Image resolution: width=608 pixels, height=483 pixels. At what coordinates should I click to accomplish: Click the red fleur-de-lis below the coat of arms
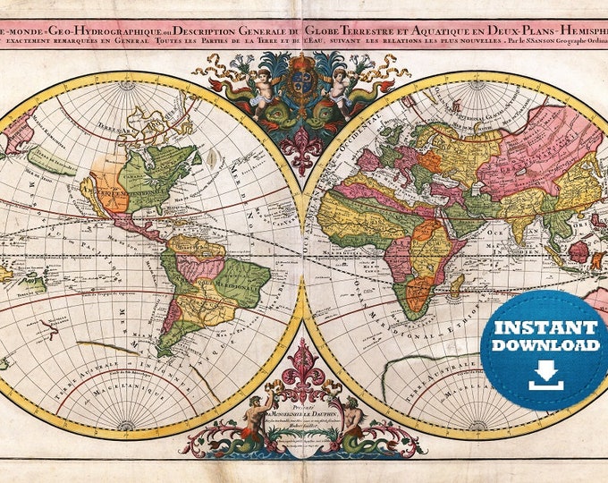303,155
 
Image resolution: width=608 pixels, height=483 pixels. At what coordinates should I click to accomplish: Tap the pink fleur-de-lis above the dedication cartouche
303,360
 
